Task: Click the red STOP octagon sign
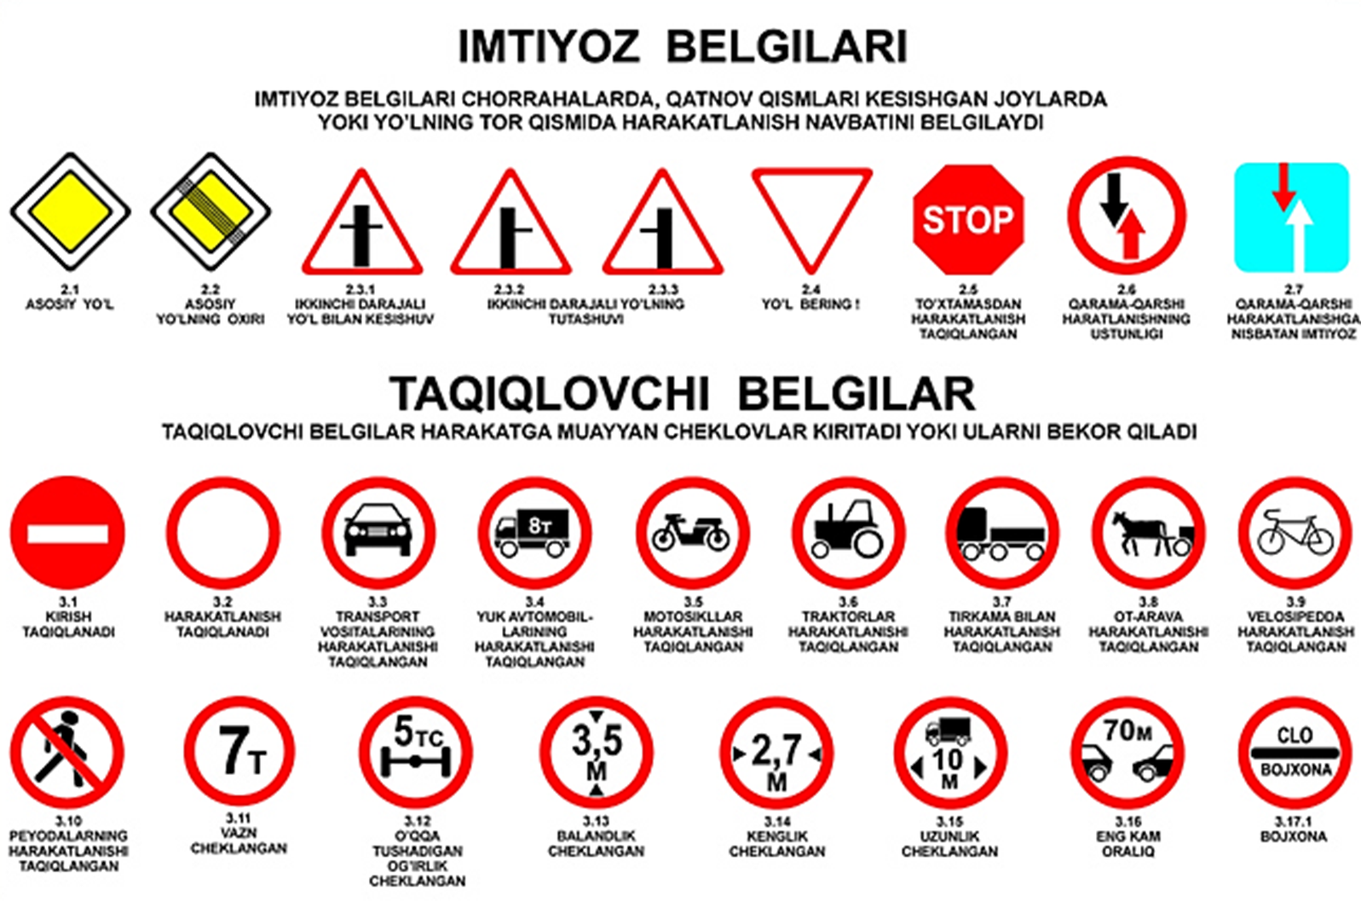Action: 968,219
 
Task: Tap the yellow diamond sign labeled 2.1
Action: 71,211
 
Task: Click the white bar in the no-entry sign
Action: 68,534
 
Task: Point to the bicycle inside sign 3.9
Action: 1295,532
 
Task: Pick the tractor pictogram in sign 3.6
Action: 848,528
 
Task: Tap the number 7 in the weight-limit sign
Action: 234,750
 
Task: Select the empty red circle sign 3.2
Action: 223,533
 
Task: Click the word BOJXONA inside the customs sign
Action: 1295,771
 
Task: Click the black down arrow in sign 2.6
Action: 1115,199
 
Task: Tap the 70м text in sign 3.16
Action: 1127,731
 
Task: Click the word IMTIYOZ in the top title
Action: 549,47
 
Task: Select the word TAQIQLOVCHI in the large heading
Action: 549,395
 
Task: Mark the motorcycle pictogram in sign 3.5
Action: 691,533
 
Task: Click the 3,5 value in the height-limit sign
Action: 597,741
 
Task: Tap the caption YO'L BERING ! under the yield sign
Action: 811,304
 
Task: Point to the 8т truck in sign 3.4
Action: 533,533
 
